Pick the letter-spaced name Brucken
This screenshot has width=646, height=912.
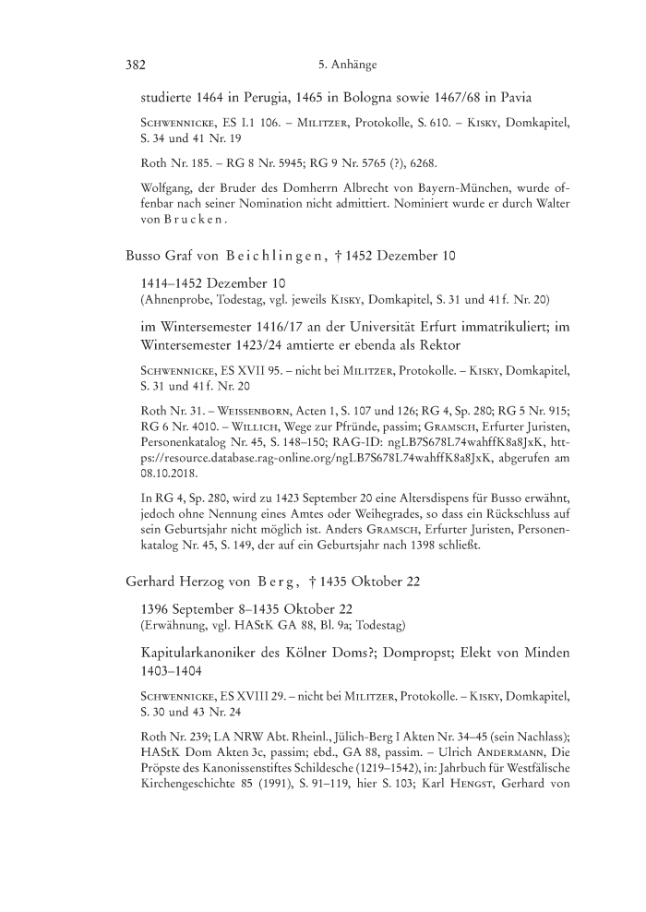(194, 221)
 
